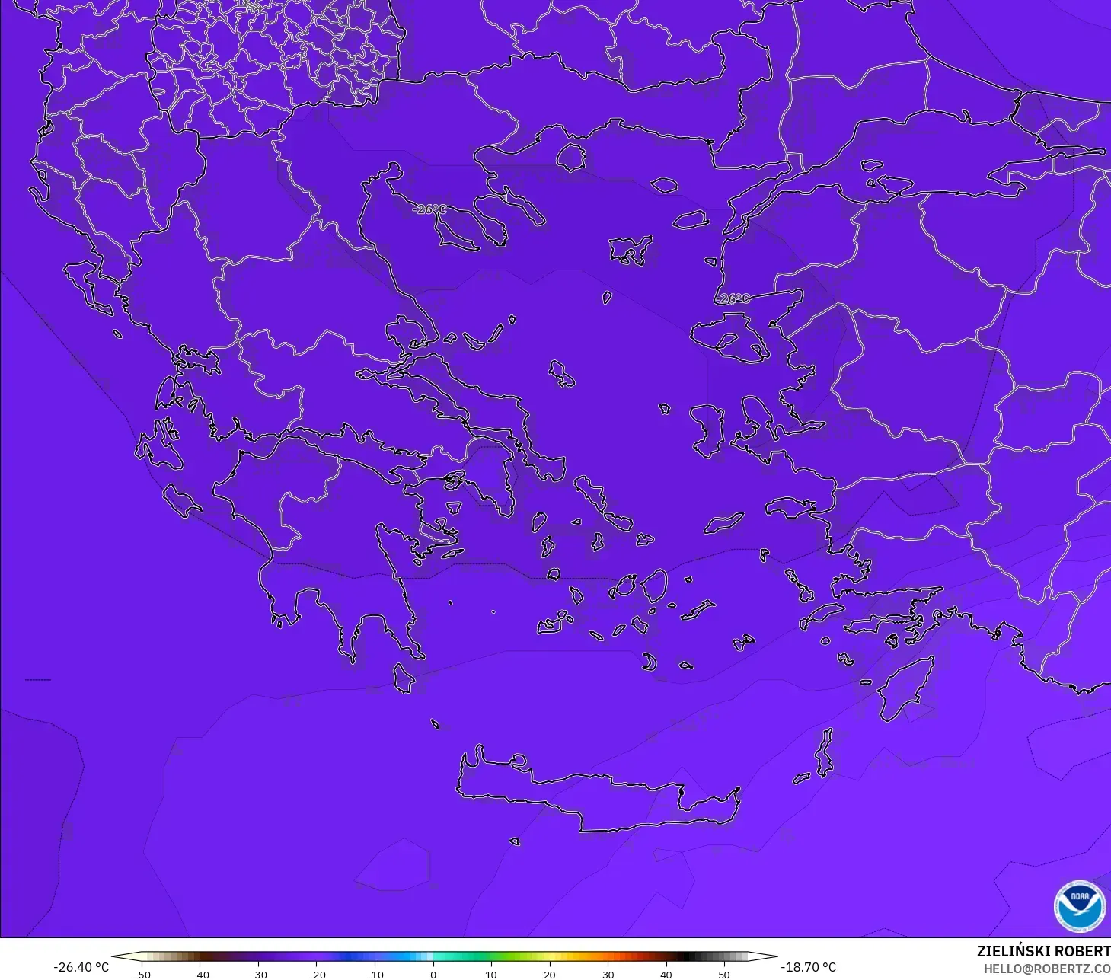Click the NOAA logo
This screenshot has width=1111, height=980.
pos(1079,906)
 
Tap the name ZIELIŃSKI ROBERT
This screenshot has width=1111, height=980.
pos(1043,951)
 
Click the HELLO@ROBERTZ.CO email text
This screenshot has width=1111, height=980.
pos(1046,969)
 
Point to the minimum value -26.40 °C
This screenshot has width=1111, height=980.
pos(81,967)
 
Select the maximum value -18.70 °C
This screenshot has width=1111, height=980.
pos(808,967)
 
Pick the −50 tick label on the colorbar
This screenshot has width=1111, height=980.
pos(141,975)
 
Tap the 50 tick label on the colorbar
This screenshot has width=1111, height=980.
pos(724,975)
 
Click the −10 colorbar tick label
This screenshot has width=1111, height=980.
pos(374,975)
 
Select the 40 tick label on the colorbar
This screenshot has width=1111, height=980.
pos(666,975)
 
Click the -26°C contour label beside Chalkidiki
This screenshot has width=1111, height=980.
pos(429,209)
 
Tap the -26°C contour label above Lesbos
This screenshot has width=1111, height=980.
pos(732,298)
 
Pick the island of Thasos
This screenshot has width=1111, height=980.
pos(570,158)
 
